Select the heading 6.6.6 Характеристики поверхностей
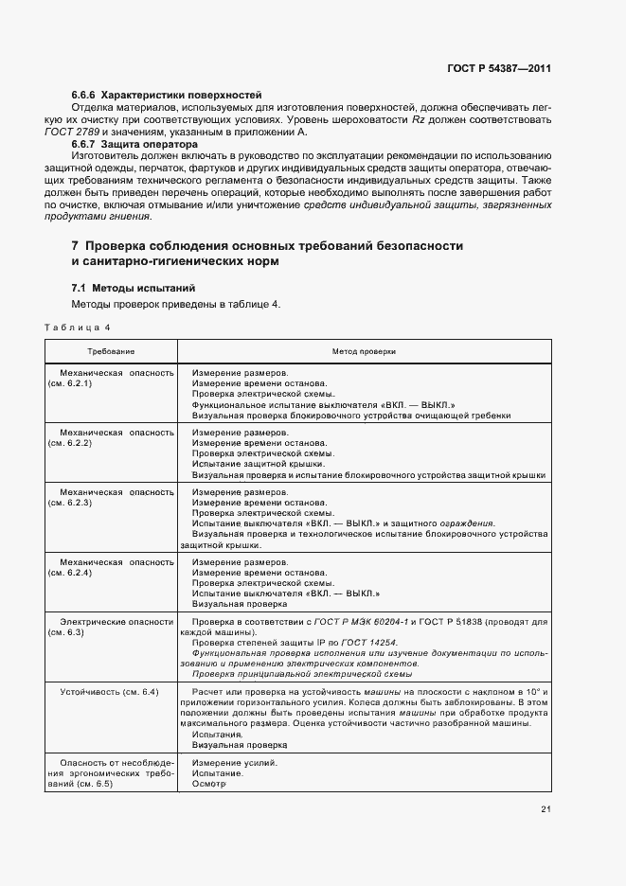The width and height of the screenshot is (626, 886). click(167, 97)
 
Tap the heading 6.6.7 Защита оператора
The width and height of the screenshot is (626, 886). click(134, 145)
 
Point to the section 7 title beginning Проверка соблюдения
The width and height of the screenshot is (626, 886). click(267, 246)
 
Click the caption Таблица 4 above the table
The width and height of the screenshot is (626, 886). click(78, 328)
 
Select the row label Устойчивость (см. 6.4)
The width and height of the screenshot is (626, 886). click(109, 693)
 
